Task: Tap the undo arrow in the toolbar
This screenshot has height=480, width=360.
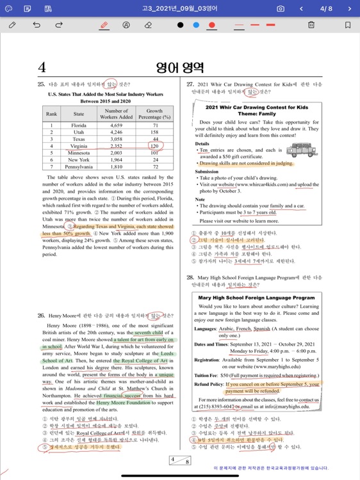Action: pyautogui.click(x=36, y=25)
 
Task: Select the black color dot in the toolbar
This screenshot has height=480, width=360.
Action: pyautogui.click(x=180, y=25)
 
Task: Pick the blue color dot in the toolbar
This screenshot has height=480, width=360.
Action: pyautogui.click(x=196, y=25)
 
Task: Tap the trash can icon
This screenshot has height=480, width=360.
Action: pyautogui.click(x=311, y=25)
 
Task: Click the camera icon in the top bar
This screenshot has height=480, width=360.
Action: pyautogui.click(x=281, y=9)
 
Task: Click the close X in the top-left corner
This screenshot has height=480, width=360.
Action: pyautogui.click(x=9, y=9)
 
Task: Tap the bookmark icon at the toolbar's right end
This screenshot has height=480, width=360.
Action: pyautogui.click(x=348, y=25)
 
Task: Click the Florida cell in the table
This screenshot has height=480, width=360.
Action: pyautogui.click(x=79, y=125)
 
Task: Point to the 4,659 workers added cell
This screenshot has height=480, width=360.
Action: pyautogui.click(x=116, y=125)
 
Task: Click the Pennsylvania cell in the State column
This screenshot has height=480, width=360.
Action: pyautogui.click(x=79, y=166)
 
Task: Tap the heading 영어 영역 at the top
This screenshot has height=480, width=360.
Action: pyautogui.click(x=180, y=67)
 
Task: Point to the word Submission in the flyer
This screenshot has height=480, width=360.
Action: pyautogui.click(x=208, y=172)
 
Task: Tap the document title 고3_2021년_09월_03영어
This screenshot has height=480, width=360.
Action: pyautogui.click(x=180, y=9)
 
